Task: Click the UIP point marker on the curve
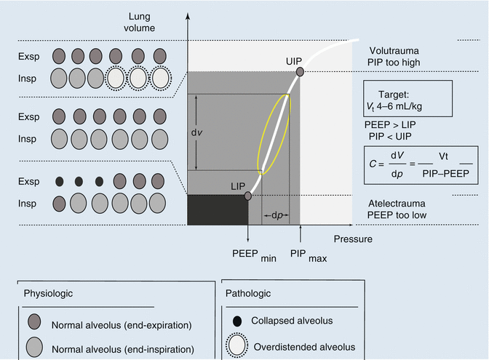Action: point(299,71)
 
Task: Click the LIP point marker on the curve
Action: point(248,196)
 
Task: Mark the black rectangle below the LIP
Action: point(218,209)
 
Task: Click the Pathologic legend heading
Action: point(254,293)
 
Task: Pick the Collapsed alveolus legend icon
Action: point(237,321)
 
